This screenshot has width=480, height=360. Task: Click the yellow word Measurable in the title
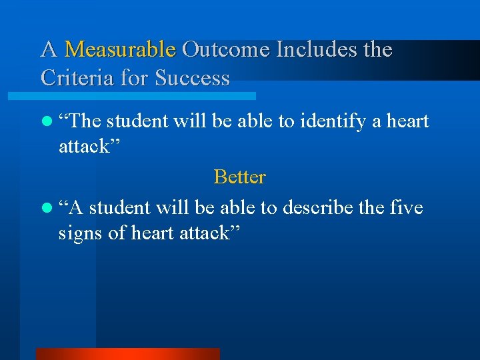(120, 50)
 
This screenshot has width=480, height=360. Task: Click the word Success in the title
(192, 79)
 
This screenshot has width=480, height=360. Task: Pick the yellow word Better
(239, 177)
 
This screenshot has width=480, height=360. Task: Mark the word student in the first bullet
(136, 121)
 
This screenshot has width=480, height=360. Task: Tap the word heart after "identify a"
(408, 121)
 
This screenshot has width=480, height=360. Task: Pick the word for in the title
(135, 79)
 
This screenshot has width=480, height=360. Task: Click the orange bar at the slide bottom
(127, 354)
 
